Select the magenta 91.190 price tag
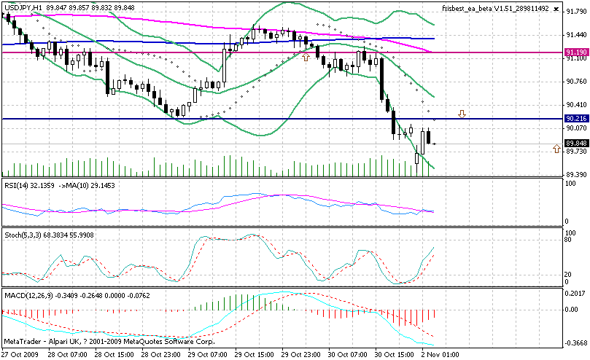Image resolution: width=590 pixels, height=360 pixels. click(x=575, y=52)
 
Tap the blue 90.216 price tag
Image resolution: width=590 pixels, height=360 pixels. click(x=575, y=118)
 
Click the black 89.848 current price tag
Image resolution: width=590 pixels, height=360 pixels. click(x=575, y=144)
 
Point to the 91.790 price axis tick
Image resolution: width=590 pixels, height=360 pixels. click(x=575, y=12)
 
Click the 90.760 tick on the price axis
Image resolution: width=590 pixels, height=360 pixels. click(x=575, y=81)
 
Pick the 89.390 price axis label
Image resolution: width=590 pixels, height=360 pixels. click(x=575, y=175)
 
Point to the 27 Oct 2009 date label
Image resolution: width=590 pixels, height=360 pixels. click(x=20, y=353)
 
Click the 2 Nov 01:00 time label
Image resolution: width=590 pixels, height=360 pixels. click(x=441, y=353)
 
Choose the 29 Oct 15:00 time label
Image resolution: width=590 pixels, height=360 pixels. click(x=256, y=353)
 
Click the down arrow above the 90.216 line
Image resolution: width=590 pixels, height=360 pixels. click(x=462, y=114)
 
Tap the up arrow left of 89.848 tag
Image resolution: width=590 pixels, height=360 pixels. click(x=556, y=148)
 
